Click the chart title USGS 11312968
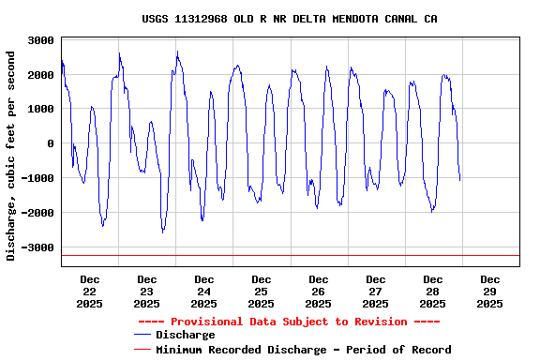tap(290, 19)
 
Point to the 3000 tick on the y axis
tap(40, 40)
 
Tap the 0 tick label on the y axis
tap(50, 143)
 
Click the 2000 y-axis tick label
tap(40, 75)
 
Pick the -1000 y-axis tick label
tap(37, 179)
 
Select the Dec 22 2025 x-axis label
tap(90, 291)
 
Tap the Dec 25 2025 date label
tap(262, 291)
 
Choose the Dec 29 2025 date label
tap(489, 291)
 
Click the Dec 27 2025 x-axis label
tap(375, 291)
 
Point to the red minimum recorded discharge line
tap(281, 255)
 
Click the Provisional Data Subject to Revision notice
tap(289, 322)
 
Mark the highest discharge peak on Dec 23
tap(177, 52)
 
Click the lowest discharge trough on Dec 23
tap(162, 232)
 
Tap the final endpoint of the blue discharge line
tap(460, 180)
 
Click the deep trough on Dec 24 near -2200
tap(202, 220)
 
